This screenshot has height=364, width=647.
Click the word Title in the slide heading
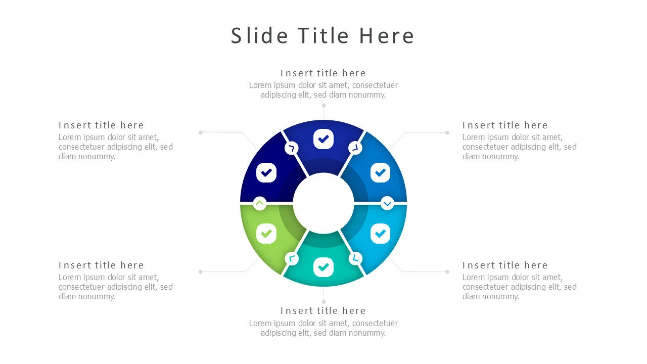[323, 36]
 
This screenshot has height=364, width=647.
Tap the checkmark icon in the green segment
[266, 234]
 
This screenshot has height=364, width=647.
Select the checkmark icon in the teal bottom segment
[323, 267]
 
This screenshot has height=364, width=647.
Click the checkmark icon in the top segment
[323, 139]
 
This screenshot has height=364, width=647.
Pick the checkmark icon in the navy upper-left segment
[266, 173]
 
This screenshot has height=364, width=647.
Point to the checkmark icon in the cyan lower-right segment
[381, 234]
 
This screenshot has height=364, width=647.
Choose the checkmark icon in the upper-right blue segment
[381, 173]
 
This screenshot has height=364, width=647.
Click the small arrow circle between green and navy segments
[260, 203]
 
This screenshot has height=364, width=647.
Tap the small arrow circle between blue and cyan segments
[387, 203]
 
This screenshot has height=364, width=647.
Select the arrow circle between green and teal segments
[292, 258]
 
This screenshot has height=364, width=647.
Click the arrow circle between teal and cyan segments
[355, 258]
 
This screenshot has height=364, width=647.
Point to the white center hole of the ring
[323, 203]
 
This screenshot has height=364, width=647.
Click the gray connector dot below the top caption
[324, 106]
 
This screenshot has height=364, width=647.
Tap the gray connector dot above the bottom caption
[324, 302]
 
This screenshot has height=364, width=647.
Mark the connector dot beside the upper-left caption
[201, 133]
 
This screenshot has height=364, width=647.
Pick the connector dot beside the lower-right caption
[447, 272]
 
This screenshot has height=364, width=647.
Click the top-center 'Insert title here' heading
[323, 73]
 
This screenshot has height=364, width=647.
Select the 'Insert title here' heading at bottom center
[323, 311]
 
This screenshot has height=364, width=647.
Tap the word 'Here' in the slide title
[387, 36]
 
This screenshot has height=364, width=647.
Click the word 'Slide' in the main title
[260, 36]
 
